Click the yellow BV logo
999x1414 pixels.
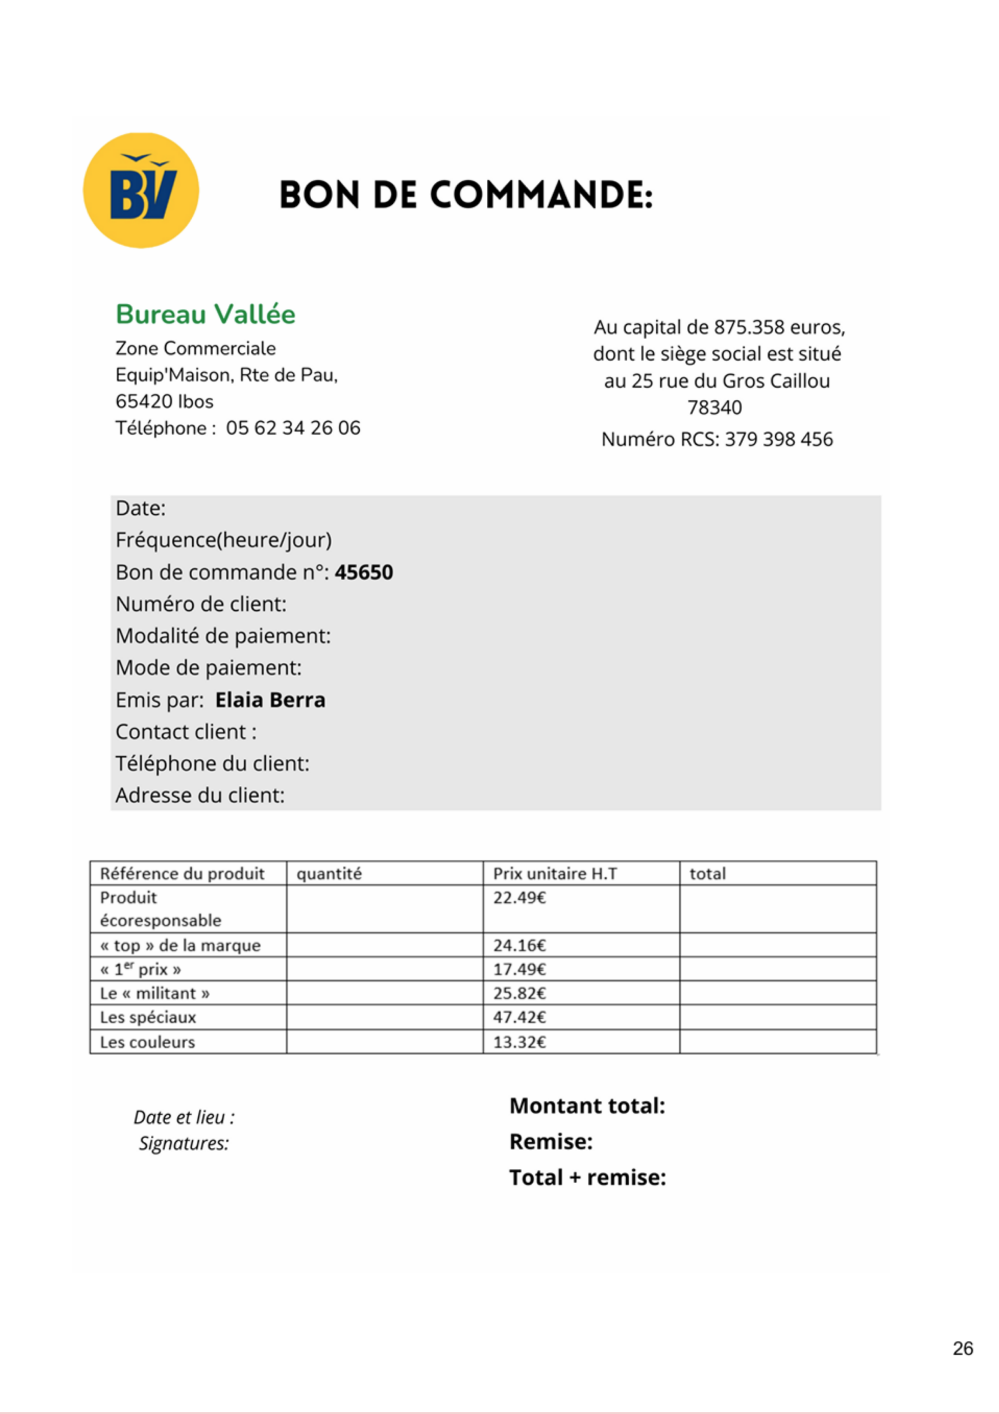click(x=141, y=191)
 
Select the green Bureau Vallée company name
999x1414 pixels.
click(x=206, y=314)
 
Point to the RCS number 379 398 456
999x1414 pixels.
click(x=779, y=439)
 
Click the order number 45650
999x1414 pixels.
click(x=364, y=572)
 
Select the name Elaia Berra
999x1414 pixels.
click(x=270, y=700)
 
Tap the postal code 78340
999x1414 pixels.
click(x=714, y=408)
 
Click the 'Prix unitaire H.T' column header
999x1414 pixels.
click(x=554, y=873)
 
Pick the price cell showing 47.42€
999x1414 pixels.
click(x=519, y=1017)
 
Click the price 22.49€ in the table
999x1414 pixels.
click(x=519, y=898)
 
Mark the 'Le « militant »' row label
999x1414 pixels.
click(x=155, y=993)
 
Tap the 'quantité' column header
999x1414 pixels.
click(x=329, y=873)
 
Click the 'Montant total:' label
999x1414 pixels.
click(x=587, y=1105)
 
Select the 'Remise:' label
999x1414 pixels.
click(x=551, y=1141)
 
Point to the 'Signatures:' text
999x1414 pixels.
click(x=183, y=1143)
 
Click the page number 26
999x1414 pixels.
click(x=963, y=1348)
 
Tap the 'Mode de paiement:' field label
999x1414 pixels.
click(x=208, y=668)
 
